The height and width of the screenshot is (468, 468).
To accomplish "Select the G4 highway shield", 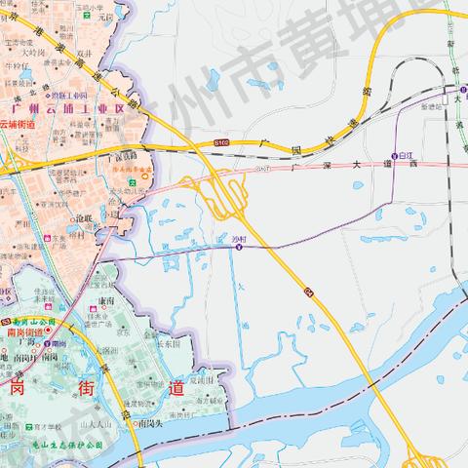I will coord(305,291).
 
